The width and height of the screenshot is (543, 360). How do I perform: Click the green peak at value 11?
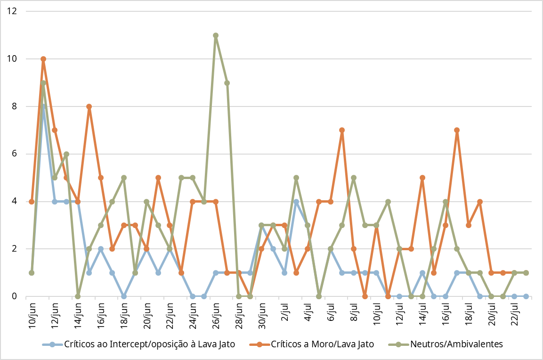[216, 35]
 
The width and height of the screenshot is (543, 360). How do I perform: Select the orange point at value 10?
[43, 59]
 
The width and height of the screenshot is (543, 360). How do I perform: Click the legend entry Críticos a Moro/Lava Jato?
[322, 344]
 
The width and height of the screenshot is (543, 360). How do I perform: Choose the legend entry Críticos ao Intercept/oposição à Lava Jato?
[149, 344]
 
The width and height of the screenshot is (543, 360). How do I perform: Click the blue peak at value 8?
[43, 106]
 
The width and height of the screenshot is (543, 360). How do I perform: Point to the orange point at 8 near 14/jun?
[89, 106]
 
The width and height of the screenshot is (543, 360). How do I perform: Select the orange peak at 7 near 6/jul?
[342, 130]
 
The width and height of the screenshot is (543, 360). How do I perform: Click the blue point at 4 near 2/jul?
[296, 202]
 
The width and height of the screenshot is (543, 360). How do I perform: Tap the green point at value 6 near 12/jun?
[66, 154]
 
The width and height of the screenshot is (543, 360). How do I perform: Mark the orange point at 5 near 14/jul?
[422, 178]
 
